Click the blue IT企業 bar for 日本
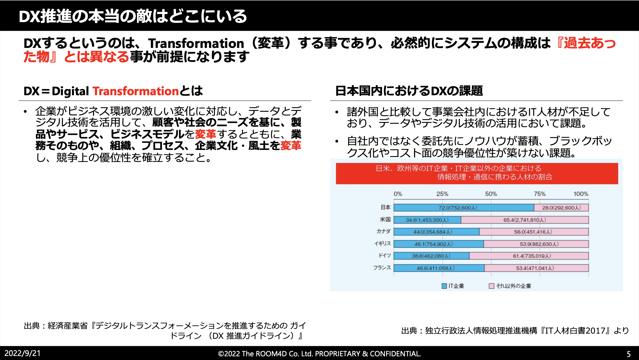tap(464, 208)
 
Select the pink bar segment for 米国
tap(525, 220)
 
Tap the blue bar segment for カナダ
tap(436, 232)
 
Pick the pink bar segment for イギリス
tap(536, 244)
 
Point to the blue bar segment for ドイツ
tap(431, 256)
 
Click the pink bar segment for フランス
tap(536, 268)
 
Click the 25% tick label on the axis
tap(442, 194)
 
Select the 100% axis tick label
tap(581, 194)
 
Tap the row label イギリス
tap(382, 244)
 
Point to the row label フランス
tap(382, 268)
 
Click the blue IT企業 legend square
tap(444, 286)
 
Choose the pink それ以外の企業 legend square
tap(492, 286)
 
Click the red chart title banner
tap(477, 173)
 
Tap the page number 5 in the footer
tap(629, 354)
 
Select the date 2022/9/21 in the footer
tap(22, 353)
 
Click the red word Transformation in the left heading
tap(135, 91)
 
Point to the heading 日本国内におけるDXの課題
tap(409, 91)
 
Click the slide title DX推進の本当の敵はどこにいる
tap(133, 16)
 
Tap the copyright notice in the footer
tap(319, 354)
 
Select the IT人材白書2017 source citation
tap(515, 331)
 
